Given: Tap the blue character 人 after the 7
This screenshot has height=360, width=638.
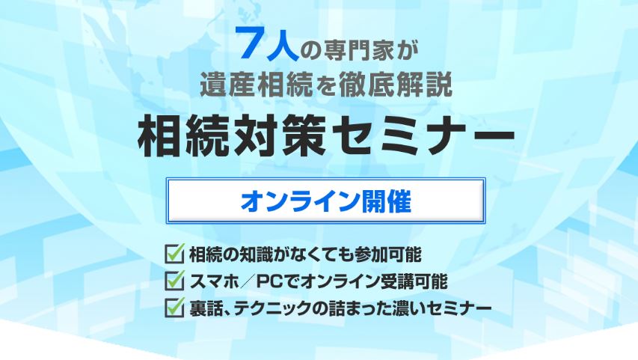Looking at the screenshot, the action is pos(281,45).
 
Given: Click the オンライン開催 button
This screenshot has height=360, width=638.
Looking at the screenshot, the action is pos(325,201).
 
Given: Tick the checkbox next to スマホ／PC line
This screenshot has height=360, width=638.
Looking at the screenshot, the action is pos(175,280).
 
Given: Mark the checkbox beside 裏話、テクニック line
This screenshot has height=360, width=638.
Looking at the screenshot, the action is pos(175,307).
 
